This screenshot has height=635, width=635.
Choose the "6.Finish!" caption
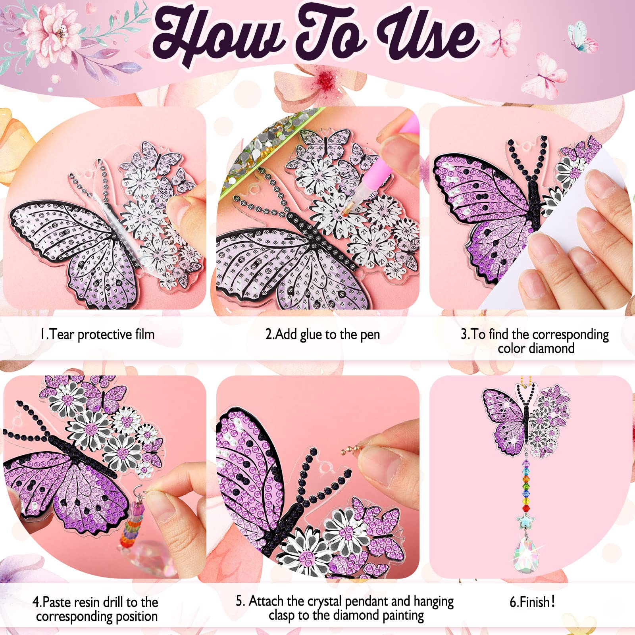(x=532, y=602)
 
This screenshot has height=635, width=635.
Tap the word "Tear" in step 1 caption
(x=62, y=335)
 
